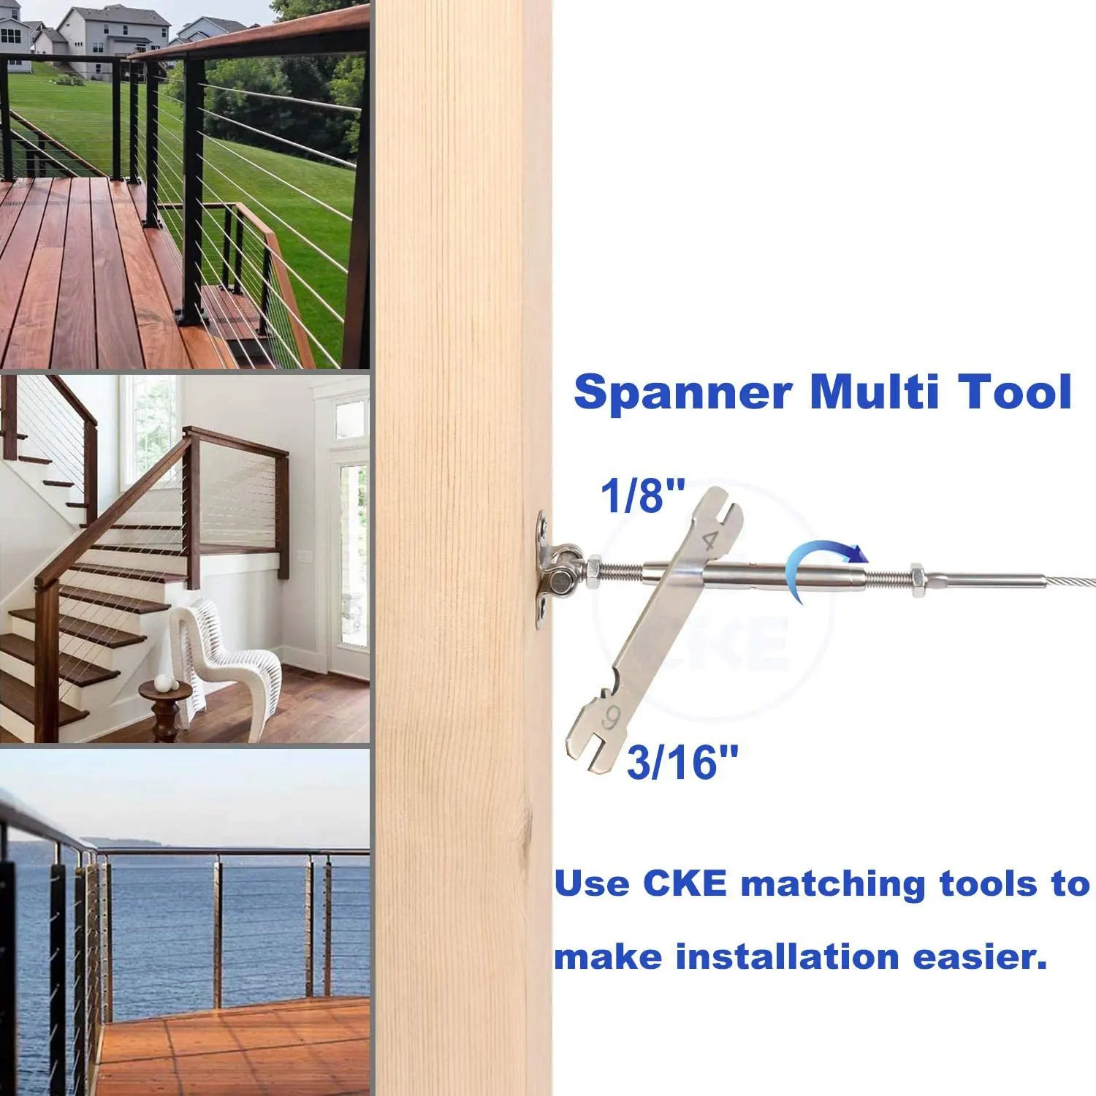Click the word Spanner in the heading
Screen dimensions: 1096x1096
682,394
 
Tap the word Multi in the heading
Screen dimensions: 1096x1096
874,392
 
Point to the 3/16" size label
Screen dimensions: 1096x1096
682,762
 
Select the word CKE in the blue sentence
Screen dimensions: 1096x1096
685,884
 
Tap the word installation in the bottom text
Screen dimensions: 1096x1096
786,957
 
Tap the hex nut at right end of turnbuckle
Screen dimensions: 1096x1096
916,574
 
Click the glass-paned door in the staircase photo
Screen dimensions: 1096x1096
351,555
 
